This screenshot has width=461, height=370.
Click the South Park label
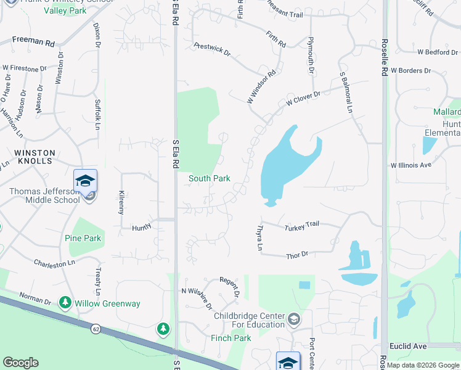point(210,179)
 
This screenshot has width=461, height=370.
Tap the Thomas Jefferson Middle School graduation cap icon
point(85,181)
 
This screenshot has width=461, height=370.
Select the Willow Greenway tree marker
point(65,303)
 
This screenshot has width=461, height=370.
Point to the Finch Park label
point(230,338)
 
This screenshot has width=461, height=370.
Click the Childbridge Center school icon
point(294,319)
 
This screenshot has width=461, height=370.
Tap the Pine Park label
point(83,238)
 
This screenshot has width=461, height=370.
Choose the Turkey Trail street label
point(302,228)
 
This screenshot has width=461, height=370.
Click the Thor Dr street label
point(297,255)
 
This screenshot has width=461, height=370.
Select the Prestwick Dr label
point(212,49)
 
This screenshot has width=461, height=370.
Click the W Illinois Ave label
point(411,165)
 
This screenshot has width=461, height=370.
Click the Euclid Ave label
point(404,347)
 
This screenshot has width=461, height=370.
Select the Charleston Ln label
point(54,263)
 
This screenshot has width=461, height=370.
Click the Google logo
point(21,363)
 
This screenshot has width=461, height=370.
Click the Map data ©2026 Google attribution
point(422,365)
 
